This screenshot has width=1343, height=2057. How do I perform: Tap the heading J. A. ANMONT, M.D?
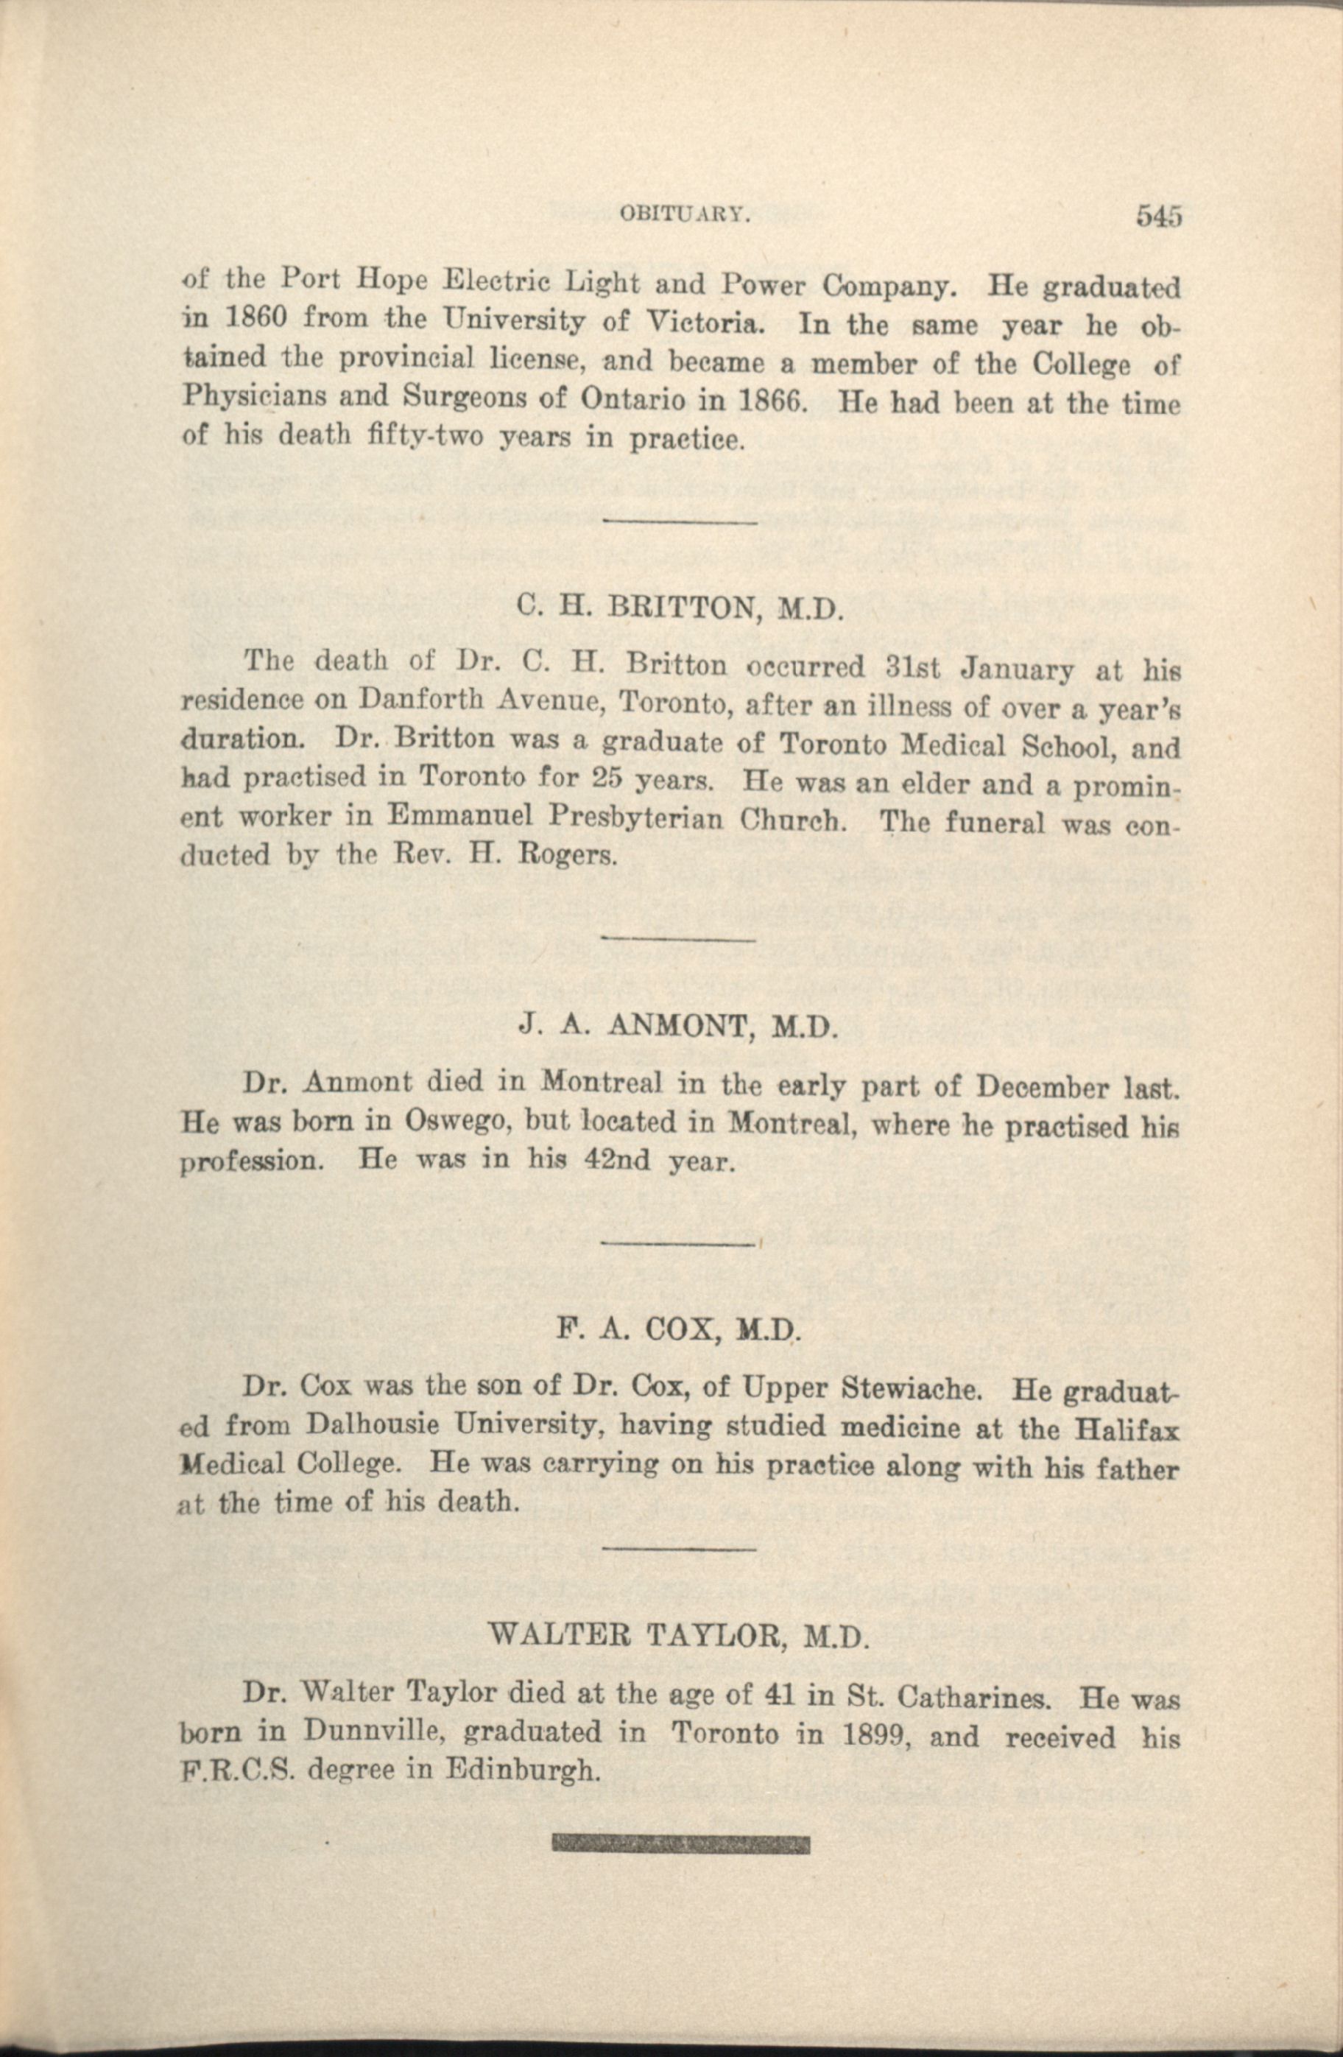click(678, 1026)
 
